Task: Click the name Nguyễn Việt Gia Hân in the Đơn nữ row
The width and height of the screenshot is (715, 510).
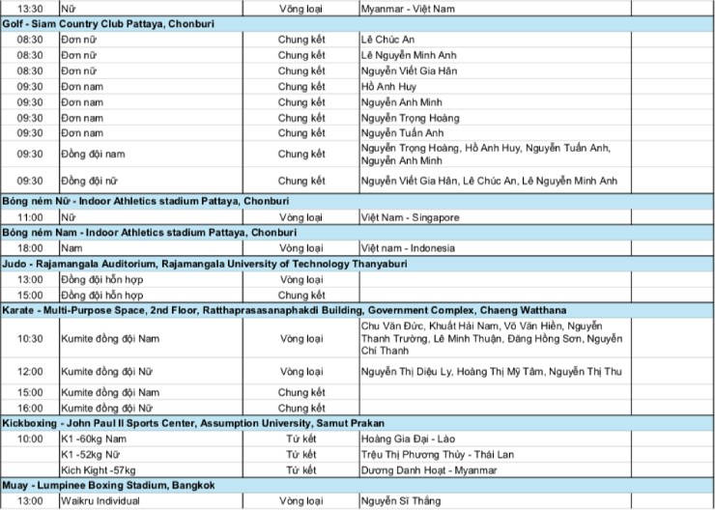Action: pyautogui.click(x=409, y=71)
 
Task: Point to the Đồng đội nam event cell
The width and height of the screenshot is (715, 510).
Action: pyautogui.click(x=93, y=155)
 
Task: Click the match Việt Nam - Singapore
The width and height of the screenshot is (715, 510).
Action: pyautogui.click(x=410, y=218)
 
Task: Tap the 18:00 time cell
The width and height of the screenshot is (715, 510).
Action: pyautogui.click(x=30, y=249)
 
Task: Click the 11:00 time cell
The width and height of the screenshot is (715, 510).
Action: pyautogui.click(x=30, y=218)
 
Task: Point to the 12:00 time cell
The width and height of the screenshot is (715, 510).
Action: pyautogui.click(x=30, y=372)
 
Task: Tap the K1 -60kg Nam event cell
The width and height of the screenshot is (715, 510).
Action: pyautogui.click(x=95, y=439)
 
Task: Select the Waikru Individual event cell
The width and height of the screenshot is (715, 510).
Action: pyautogui.click(x=100, y=501)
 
